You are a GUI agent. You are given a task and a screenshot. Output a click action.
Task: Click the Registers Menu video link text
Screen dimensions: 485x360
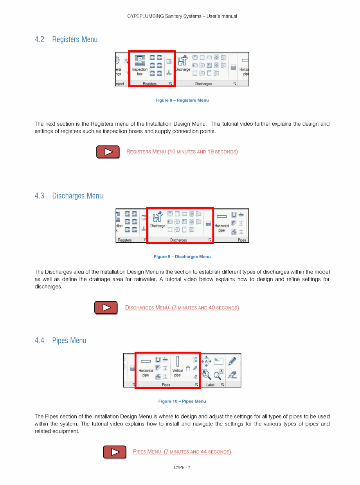coord(182,151)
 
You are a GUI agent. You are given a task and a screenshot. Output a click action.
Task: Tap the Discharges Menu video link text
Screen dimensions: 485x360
coord(182,308)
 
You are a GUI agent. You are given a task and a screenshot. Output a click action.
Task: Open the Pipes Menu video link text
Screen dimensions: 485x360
coord(182,452)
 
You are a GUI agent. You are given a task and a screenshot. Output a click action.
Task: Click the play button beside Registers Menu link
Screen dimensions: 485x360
coord(108,152)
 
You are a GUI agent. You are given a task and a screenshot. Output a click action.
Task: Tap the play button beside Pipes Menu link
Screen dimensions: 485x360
coord(115,452)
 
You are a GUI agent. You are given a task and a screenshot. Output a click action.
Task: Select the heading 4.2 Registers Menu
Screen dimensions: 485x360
coord(66,40)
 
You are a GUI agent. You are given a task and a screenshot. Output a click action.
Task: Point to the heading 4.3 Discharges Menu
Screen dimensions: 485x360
coord(69,196)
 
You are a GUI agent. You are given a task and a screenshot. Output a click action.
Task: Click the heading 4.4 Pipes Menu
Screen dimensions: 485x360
coord(61,341)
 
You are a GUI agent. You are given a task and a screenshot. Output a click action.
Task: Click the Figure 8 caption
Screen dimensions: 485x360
coord(182,100)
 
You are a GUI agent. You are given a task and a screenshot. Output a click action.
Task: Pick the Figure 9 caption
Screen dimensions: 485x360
coord(182,257)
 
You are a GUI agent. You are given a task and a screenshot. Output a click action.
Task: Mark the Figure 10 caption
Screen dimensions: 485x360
coord(182,401)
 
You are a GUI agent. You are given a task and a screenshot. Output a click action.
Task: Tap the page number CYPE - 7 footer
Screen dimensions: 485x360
coord(182,467)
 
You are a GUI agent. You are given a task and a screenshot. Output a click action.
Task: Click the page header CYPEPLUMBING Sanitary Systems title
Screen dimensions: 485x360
coord(182,16)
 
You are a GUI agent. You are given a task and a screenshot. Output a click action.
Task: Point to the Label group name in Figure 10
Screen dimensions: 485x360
coord(211,385)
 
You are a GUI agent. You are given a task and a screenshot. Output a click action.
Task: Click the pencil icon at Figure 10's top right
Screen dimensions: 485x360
coord(232,361)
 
